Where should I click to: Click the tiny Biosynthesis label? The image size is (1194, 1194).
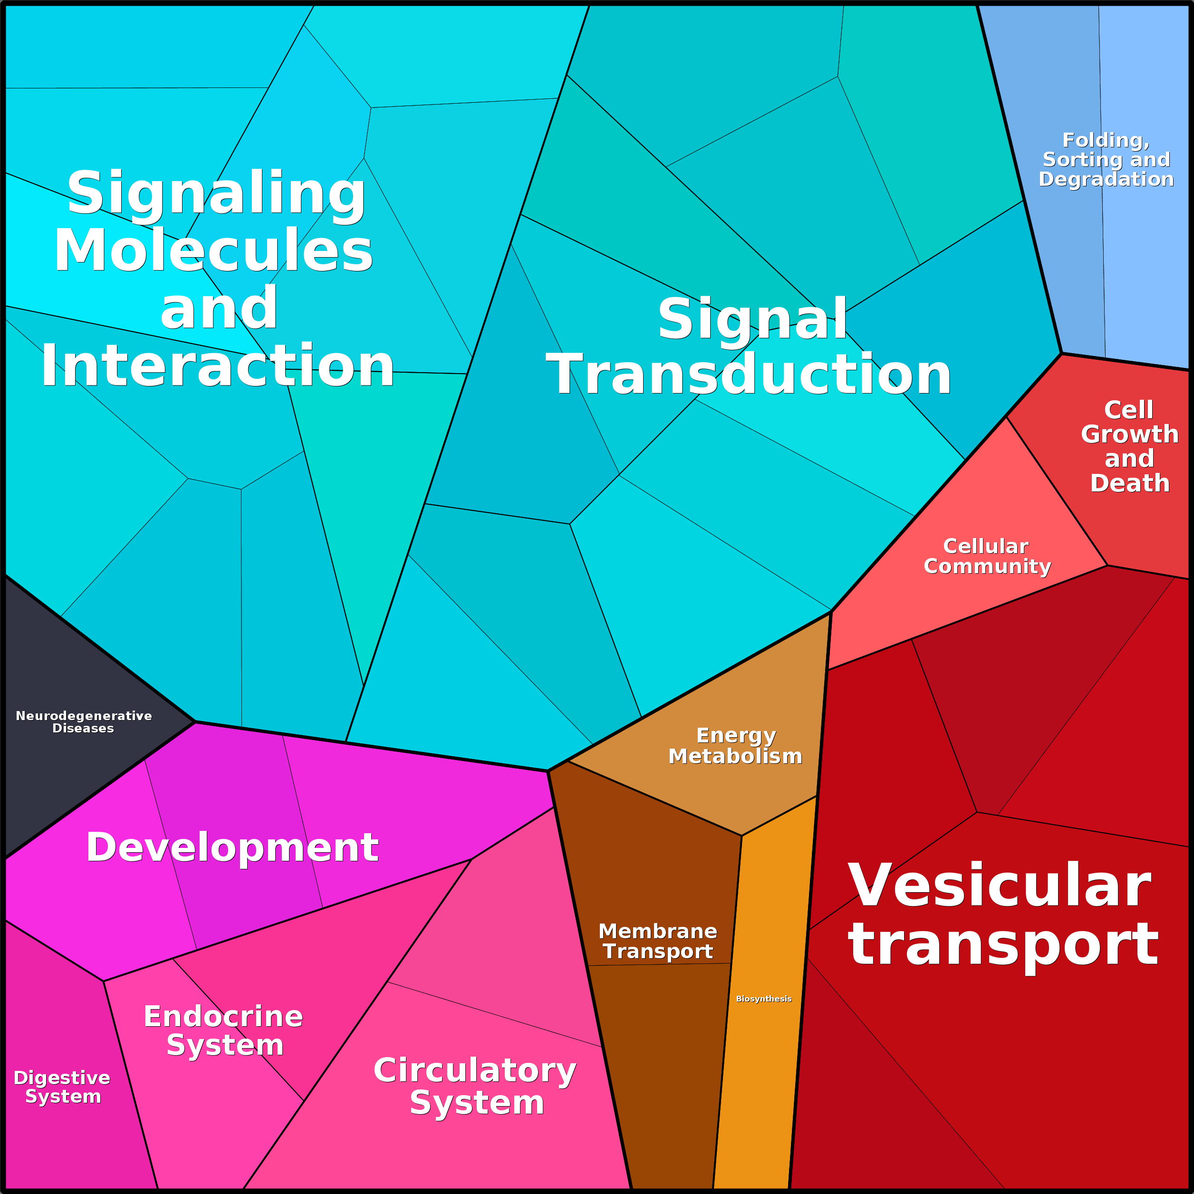[x=763, y=999]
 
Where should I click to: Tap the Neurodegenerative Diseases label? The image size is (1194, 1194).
[x=84, y=722]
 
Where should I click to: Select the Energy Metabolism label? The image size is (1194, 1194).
[x=735, y=745]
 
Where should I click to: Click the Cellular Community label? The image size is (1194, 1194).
[x=987, y=556]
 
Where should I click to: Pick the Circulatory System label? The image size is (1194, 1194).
[x=475, y=1087]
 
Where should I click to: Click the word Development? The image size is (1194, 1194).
[x=232, y=847]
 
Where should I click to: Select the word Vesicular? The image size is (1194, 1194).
[x=999, y=886]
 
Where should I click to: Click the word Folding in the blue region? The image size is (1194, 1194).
[x=1106, y=141]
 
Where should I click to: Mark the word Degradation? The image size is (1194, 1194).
[x=1106, y=179]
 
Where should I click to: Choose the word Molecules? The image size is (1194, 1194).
[x=214, y=250]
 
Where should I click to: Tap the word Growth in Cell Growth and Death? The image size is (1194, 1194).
[x=1130, y=434]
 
